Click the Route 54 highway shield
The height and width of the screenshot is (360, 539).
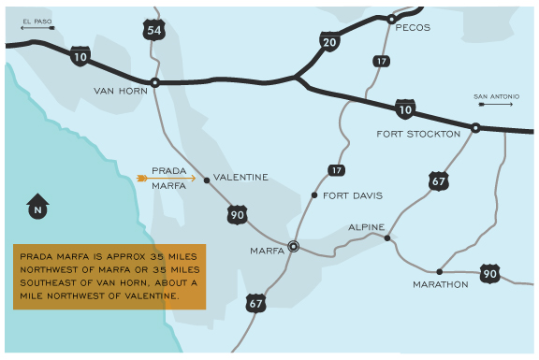(154, 30)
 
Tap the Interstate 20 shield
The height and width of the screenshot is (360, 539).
(328, 41)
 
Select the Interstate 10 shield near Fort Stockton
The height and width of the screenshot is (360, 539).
(404, 109)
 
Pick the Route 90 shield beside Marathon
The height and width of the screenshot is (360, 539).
(488, 273)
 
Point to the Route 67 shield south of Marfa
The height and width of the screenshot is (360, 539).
(255, 303)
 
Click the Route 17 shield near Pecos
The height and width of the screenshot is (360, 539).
(381, 61)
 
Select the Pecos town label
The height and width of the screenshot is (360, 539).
(413, 28)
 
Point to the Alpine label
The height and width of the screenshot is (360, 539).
(366, 227)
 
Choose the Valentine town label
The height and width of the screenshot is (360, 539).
(240, 177)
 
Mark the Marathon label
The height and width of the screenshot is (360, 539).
(440, 284)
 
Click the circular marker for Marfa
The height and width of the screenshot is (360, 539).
(293, 247)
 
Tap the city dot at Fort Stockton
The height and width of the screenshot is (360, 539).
(475, 127)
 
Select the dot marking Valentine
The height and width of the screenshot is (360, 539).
(207, 179)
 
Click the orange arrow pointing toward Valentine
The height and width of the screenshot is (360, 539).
(166, 178)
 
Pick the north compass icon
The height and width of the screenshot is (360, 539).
(37, 205)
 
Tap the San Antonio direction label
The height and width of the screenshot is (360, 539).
(495, 97)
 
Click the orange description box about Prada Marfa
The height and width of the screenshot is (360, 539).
(109, 277)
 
